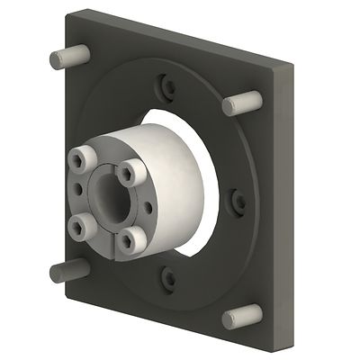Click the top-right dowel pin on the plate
241,102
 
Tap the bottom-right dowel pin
240,316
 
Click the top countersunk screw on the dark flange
168,87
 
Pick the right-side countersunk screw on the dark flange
238,202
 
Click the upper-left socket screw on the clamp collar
80,159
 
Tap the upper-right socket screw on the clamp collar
130,170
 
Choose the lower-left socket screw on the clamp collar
81,224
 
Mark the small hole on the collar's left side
79,192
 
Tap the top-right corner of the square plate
290,65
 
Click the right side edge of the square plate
285,207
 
